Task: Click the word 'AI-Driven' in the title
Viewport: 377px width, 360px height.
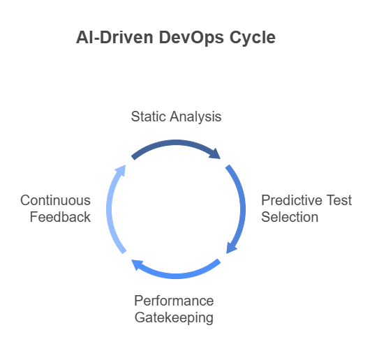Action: tap(114, 37)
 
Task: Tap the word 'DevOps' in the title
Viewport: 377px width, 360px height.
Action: tap(191, 38)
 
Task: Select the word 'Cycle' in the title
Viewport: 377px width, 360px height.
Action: tap(253, 38)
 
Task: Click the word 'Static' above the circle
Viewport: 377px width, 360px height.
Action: tap(148, 117)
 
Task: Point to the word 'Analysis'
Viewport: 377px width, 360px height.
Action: tap(195, 117)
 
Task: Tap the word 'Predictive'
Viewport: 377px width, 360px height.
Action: tap(290, 200)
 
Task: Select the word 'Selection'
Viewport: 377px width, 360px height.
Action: tap(290, 217)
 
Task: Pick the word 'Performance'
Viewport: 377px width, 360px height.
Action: tap(174, 301)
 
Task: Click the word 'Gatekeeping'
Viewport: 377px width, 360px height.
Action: tap(174, 317)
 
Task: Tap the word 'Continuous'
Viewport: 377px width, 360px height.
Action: tap(55, 200)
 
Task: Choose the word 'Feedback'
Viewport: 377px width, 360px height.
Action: tap(60, 217)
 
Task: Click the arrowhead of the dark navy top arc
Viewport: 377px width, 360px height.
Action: tap(215, 153)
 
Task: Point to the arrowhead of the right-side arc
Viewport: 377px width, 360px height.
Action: tap(231, 248)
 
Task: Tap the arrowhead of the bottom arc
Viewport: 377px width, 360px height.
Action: tap(138, 265)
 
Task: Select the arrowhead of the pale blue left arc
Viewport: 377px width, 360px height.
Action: tap(121, 171)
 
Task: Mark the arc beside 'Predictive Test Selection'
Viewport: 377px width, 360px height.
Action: tap(242, 209)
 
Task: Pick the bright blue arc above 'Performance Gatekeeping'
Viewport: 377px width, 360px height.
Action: tap(176, 276)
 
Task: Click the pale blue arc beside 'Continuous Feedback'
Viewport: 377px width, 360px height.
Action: tap(109, 209)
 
